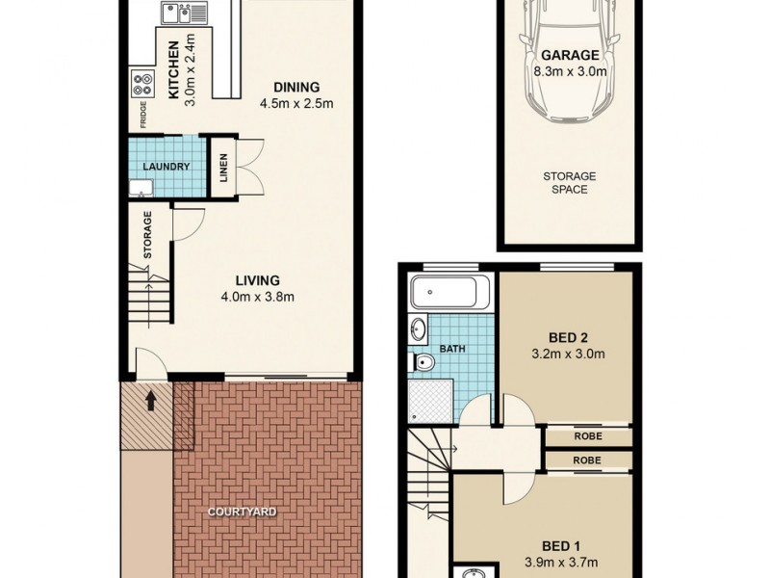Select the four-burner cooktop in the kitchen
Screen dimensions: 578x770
pyautogui.click(x=141, y=85)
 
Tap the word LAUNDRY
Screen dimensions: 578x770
pyautogui.click(x=166, y=167)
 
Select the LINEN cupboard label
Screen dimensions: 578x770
pyautogui.click(x=221, y=171)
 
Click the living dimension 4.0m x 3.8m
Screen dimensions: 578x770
pyautogui.click(x=256, y=297)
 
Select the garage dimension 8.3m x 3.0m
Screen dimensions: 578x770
pyautogui.click(x=570, y=70)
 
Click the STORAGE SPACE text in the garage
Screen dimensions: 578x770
pyautogui.click(x=570, y=183)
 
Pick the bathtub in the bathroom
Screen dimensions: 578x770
pyautogui.click(x=449, y=292)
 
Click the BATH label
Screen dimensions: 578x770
pyautogui.click(x=451, y=348)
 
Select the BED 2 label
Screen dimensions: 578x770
pyautogui.click(x=568, y=337)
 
